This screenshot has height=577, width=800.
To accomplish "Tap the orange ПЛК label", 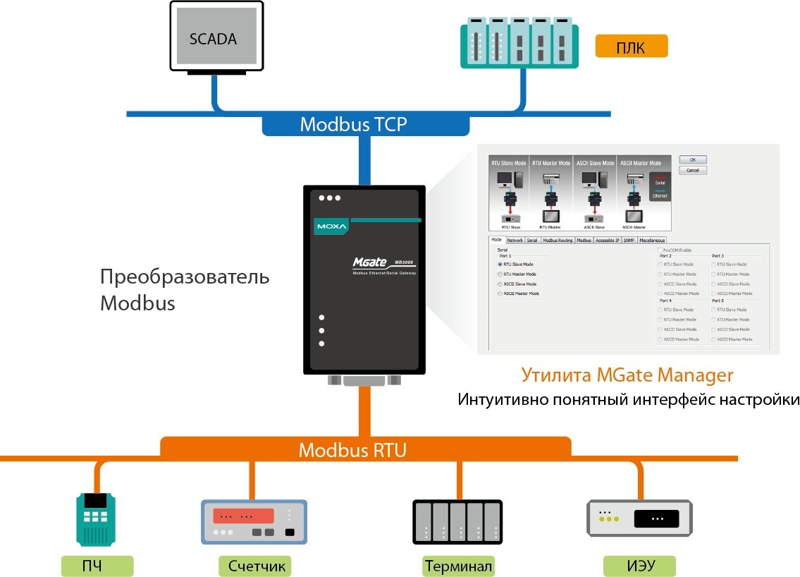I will pyautogui.click(x=630, y=47).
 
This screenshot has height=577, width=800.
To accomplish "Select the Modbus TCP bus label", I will pyautogui.click(x=353, y=124).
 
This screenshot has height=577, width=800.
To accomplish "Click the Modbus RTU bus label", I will pyautogui.click(x=352, y=450).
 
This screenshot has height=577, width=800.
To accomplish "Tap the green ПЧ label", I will pyautogui.click(x=97, y=566).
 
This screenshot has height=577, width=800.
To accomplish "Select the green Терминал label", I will pyautogui.click(x=458, y=566).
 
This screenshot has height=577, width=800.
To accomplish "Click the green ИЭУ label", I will pyautogui.click(x=640, y=566).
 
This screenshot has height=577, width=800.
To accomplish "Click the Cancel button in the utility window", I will pyautogui.click(x=692, y=171).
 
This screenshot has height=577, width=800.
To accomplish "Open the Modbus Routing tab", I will pyautogui.click(x=558, y=241).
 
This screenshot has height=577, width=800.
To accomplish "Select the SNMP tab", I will pyautogui.click(x=629, y=241).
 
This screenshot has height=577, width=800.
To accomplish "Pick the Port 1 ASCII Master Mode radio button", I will pyautogui.click(x=500, y=293).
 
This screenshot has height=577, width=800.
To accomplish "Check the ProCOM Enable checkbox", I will pyautogui.click(x=660, y=250).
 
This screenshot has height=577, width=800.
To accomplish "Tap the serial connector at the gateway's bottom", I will pyautogui.click(x=364, y=381).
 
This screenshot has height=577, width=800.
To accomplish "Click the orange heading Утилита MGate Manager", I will pyautogui.click(x=627, y=375).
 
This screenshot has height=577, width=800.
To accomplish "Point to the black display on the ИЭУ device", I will pyautogui.click(x=656, y=519).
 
